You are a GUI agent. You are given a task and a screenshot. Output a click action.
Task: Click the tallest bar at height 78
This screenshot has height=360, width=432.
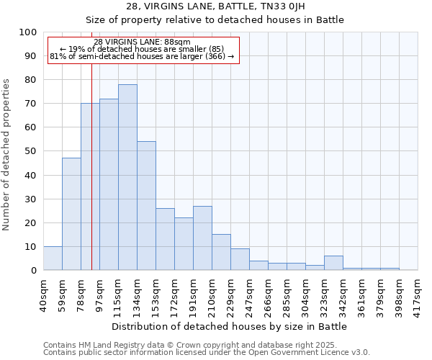click(x=127, y=177)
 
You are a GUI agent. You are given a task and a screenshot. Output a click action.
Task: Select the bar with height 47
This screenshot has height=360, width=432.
click(x=71, y=214)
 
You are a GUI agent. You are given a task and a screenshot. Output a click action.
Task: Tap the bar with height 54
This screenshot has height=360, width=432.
click(x=146, y=206)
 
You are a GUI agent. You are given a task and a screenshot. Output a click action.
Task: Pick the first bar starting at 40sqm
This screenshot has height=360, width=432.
click(x=53, y=258)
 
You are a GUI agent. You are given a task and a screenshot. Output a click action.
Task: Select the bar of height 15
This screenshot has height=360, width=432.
click(x=221, y=252)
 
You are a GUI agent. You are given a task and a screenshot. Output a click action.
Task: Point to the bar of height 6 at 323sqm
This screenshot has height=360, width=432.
click(x=333, y=263)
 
